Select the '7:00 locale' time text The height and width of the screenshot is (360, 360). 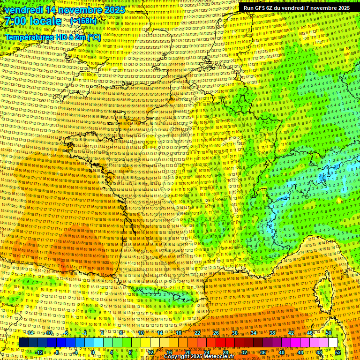tap(33, 21)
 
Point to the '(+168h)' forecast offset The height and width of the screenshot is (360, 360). tap(83, 21)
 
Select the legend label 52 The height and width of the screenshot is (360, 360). tap(338, 352)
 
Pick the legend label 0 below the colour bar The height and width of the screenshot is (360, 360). tap(93, 352)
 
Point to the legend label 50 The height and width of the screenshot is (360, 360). tap(329, 333)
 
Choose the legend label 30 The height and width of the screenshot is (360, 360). tap(234, 333)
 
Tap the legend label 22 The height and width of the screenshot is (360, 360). tap(197, 333)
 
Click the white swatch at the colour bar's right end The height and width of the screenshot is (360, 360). tap(333, 343)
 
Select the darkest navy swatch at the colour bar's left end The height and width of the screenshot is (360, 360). tap(23, 343)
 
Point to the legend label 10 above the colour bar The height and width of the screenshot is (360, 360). tap(141, 333)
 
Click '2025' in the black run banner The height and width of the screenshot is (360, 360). tap(340, 8)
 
